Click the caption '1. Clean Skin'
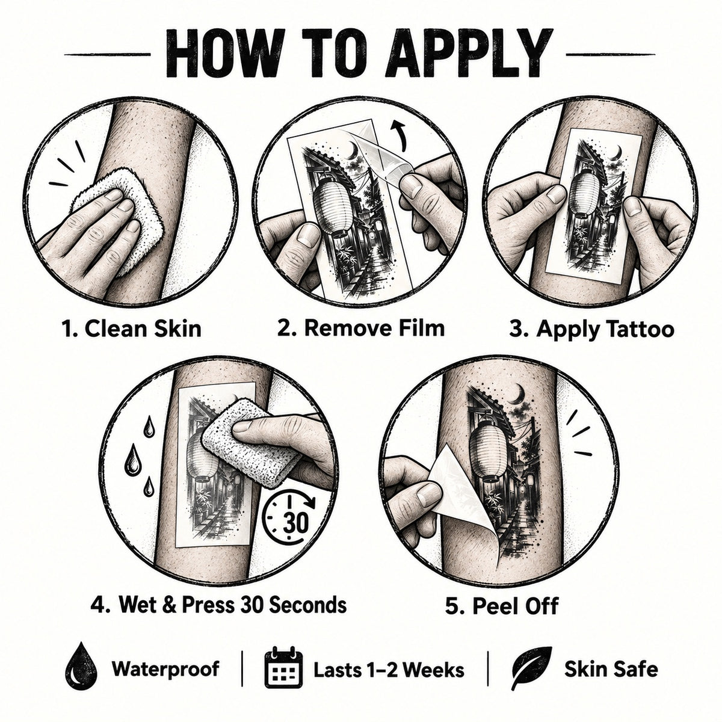[x=132, y=329]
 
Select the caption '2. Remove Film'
[x=361, y=328]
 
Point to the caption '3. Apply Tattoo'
[x=591, y=330]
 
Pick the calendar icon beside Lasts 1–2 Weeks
[x=283, y=669]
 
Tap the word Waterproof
[x=165, y=669]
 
